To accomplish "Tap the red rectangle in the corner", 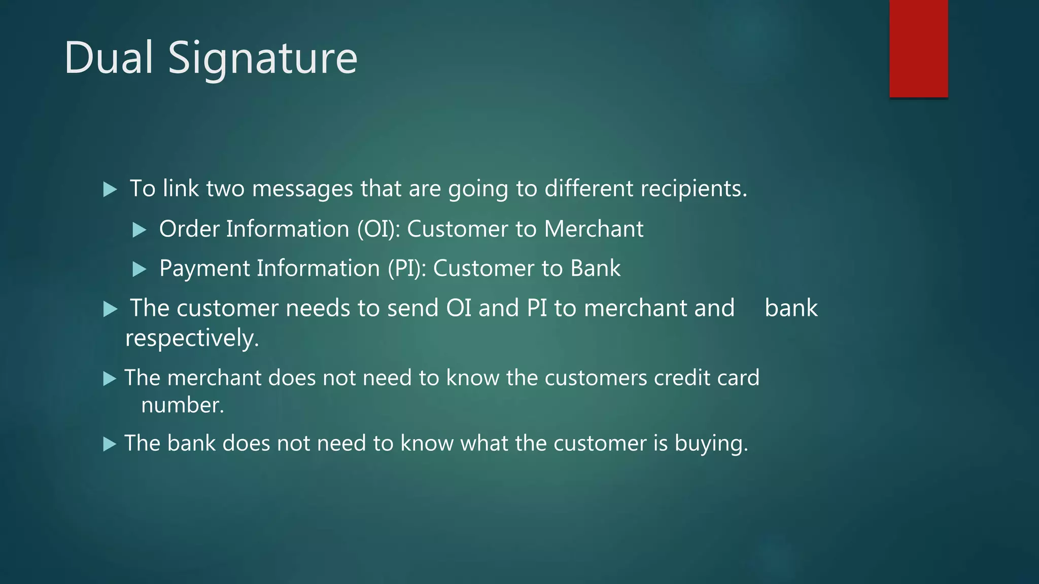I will [x=918, y=48].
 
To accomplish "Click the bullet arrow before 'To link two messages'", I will [x=110, y=190].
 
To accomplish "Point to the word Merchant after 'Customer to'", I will [x=594, y=229].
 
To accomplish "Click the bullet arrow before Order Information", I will [x=139, y=230].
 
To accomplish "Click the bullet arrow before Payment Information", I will [x=139, y=269].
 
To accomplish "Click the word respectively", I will [x=192, y=338].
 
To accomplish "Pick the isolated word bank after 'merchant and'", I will [x=790, y=308].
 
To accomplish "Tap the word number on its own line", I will [x=182, y=405].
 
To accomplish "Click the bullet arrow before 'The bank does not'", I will [x=110, y=444].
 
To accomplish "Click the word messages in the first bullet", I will [x=302, y=189].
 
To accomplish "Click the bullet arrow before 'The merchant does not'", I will [x=110, y=379].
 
